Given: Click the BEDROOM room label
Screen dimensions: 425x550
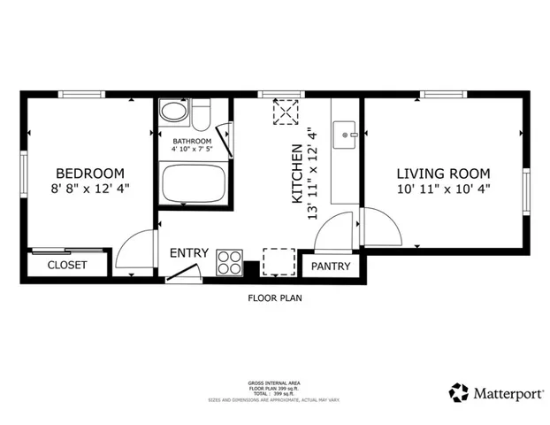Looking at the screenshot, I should pyautogui.click(x=90, y=174).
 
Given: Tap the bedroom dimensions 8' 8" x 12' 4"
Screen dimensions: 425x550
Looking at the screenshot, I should pyautogui.click(x=90, y=189).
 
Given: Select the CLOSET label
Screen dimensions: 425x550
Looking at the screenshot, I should pyautogui.click(x=67, y=265).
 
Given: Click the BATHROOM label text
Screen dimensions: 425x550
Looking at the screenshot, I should pyautogui.click(x=192, y=142).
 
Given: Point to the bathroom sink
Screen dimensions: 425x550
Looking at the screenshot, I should pyautogui.click(x=173, y=112).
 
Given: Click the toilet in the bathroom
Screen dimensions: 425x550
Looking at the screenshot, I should pyautogui.click(x=201, y=115).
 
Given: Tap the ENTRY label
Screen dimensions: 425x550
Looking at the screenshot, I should pyautogui.click(x=189, y=253).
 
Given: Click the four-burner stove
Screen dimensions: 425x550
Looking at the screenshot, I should pyautogui.click(x=230, y=262).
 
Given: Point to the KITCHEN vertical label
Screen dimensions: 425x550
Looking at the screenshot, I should pyautogui.click(x=298, y=174).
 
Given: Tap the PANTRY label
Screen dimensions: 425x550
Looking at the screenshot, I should pyautogui.click(x=331, y=267).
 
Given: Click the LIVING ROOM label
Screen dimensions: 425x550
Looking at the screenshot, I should pyautogui.click(x=442, y=174).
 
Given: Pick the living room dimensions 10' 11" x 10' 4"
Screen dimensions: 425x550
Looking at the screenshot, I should pyautogui.click(x=442, y=189).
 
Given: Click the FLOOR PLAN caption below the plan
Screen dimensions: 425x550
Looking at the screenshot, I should pyautogui.click(x=274, y=298).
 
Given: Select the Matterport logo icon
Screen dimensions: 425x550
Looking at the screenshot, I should pyautogui.click(x=458, y=392).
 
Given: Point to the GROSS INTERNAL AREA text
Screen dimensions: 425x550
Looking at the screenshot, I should pyautogui.click(x=274, y=383).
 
